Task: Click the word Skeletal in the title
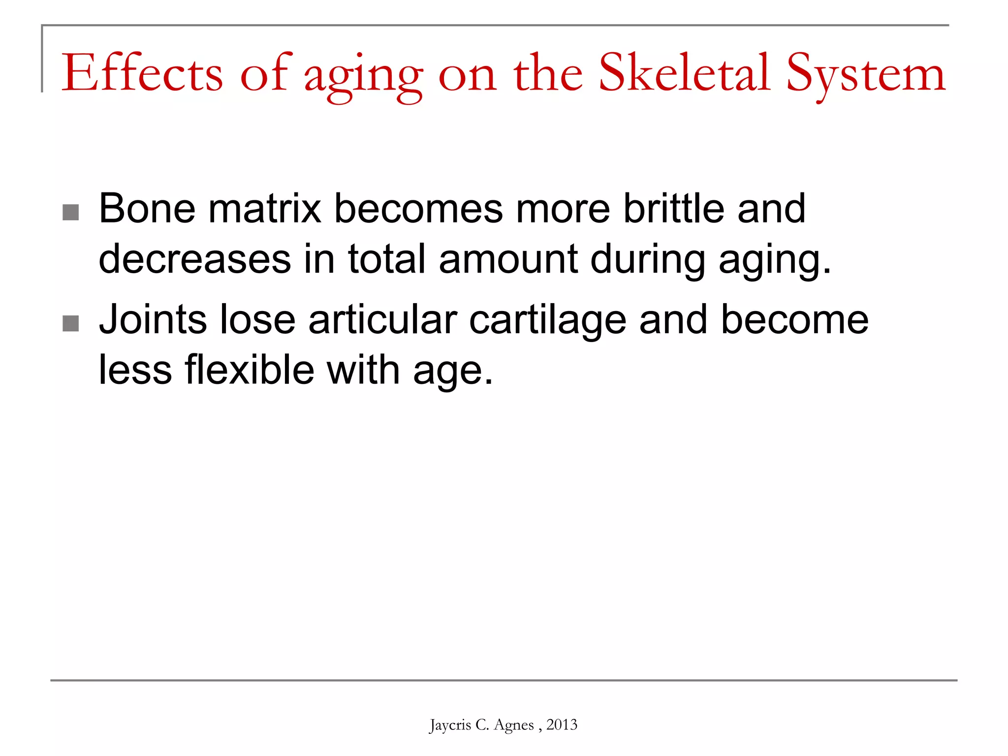(x=684, y=74)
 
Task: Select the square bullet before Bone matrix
(x=71, y=213)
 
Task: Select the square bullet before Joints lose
(x=71, y=324)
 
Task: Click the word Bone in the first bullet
(x=147, y=209)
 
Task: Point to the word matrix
(x=265, y=209)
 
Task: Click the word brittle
(x=673, y=209)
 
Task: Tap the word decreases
(x=194, y=259)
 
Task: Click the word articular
(x=382, y=320)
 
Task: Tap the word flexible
(x=249, y=370)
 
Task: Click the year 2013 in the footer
(x=562, y=724)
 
